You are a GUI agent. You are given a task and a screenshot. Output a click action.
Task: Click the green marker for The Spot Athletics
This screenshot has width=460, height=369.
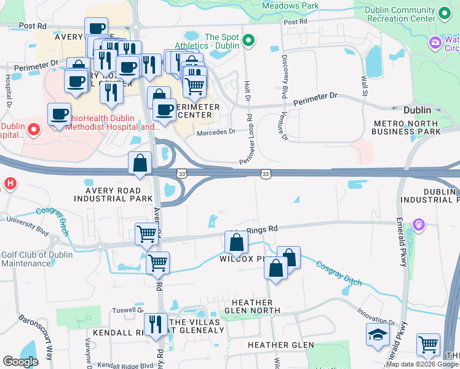(248, 42)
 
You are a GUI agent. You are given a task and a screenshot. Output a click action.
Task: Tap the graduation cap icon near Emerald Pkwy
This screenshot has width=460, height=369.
(377, 336)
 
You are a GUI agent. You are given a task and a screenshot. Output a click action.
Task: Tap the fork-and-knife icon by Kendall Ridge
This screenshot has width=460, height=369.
(156, 325)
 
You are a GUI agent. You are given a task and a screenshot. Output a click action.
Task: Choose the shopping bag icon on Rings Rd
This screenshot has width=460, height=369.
(236, 242)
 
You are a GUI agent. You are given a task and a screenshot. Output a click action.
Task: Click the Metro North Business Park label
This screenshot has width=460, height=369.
(408, 127)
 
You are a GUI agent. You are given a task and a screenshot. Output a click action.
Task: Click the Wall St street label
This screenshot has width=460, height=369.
(364, 85)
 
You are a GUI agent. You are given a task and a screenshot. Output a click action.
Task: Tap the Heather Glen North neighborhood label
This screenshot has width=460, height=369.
(252, 306)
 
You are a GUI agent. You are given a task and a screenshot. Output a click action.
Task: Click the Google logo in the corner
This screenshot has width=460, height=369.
(21, 362)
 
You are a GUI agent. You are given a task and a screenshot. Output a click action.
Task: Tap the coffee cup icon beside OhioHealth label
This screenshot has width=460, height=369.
(60, 115)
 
